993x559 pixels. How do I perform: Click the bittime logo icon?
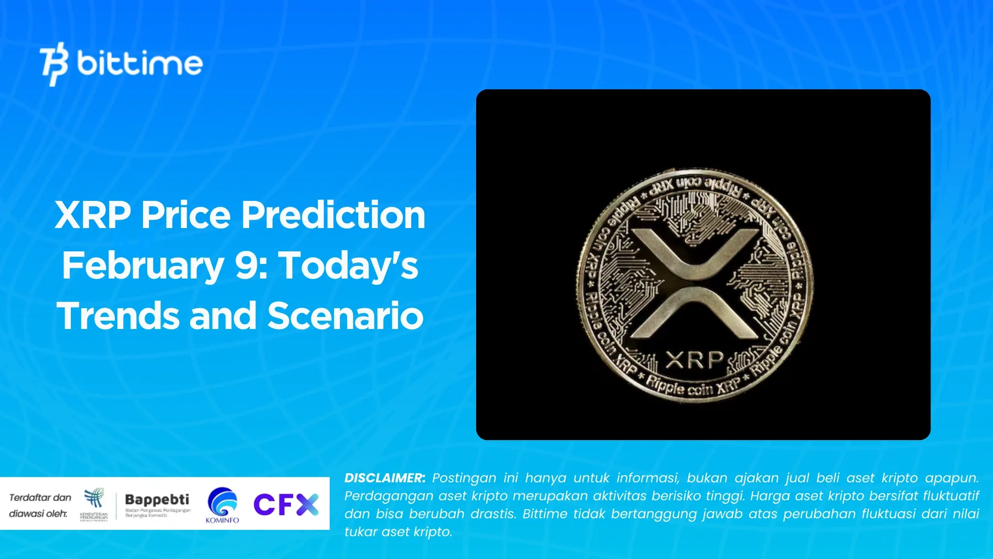pyautogui.click(x=54, y=64)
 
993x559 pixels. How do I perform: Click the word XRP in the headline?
pyautogui.click(x=93, y=215)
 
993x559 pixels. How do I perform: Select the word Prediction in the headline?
pyautogui.click(x=333, y=215)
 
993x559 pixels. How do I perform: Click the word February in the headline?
pyautogui.click(x=143, y=265)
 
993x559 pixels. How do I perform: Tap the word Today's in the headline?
pyautogui.click(x=349, y=265)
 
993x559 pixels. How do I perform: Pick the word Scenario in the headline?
pyautogui.click(x=346, y=316)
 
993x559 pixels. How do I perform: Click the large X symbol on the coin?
pyautogui.click(x=695, y=283)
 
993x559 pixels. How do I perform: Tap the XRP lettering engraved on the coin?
pyautogui.click(x=695, y=361)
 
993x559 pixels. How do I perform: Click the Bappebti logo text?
pyautogui.click(x=157, y=499)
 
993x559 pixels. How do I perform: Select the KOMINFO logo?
pyautogui.click(x=222, y=505)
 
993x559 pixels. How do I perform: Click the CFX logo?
pyautogui.click(x=286, y=504)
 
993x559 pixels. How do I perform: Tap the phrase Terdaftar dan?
pyautogui.click(x=40, y=497)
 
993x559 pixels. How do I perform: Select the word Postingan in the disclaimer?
pyautogui.click(x=464, y=478)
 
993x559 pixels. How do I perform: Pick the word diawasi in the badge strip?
pyautogui.click(x=27, y=513)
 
